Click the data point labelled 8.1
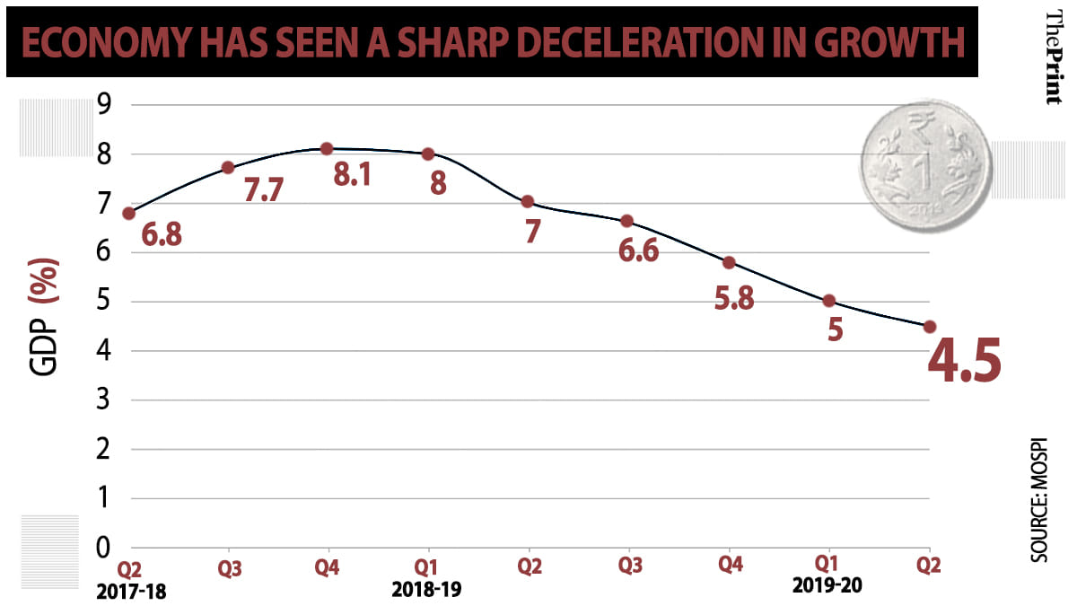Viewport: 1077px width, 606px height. pyautogui.click(x=327, y=148)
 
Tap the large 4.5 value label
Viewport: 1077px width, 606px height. pyautogui.click(x=962, y=361)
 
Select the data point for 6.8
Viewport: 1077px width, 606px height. pyautogui.click(x=129, y=213)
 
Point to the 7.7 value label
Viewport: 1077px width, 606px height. pyautogui.click(x=263, y=189)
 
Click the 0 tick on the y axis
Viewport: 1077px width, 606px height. pyautogui.click(x=104, y=547)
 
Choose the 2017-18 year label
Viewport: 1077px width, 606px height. pyautogui.click(x=133, y=592)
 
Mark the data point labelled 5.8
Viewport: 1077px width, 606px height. pyautogui.click(x=729, y=262)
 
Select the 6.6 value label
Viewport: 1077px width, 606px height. pyautogui.click(x=638, y=250)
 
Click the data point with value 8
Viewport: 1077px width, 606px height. pyautogui.click(x=428, y=154)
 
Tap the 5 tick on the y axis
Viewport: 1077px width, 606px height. pyautogui.click(x=104, y=302)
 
